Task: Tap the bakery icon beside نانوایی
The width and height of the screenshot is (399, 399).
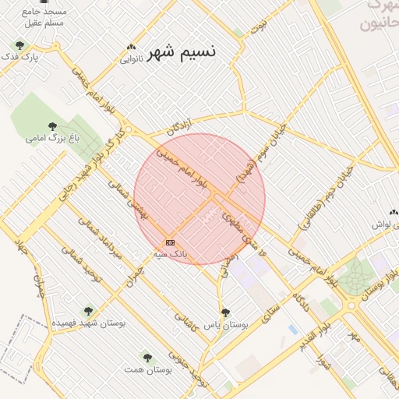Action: click(x=131, y=47)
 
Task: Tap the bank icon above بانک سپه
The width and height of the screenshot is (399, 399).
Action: click(x=170, y=242)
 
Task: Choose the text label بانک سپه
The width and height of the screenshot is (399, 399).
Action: click(x=170, y=254)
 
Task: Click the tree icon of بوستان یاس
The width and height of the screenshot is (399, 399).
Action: click(x=225, y=312)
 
